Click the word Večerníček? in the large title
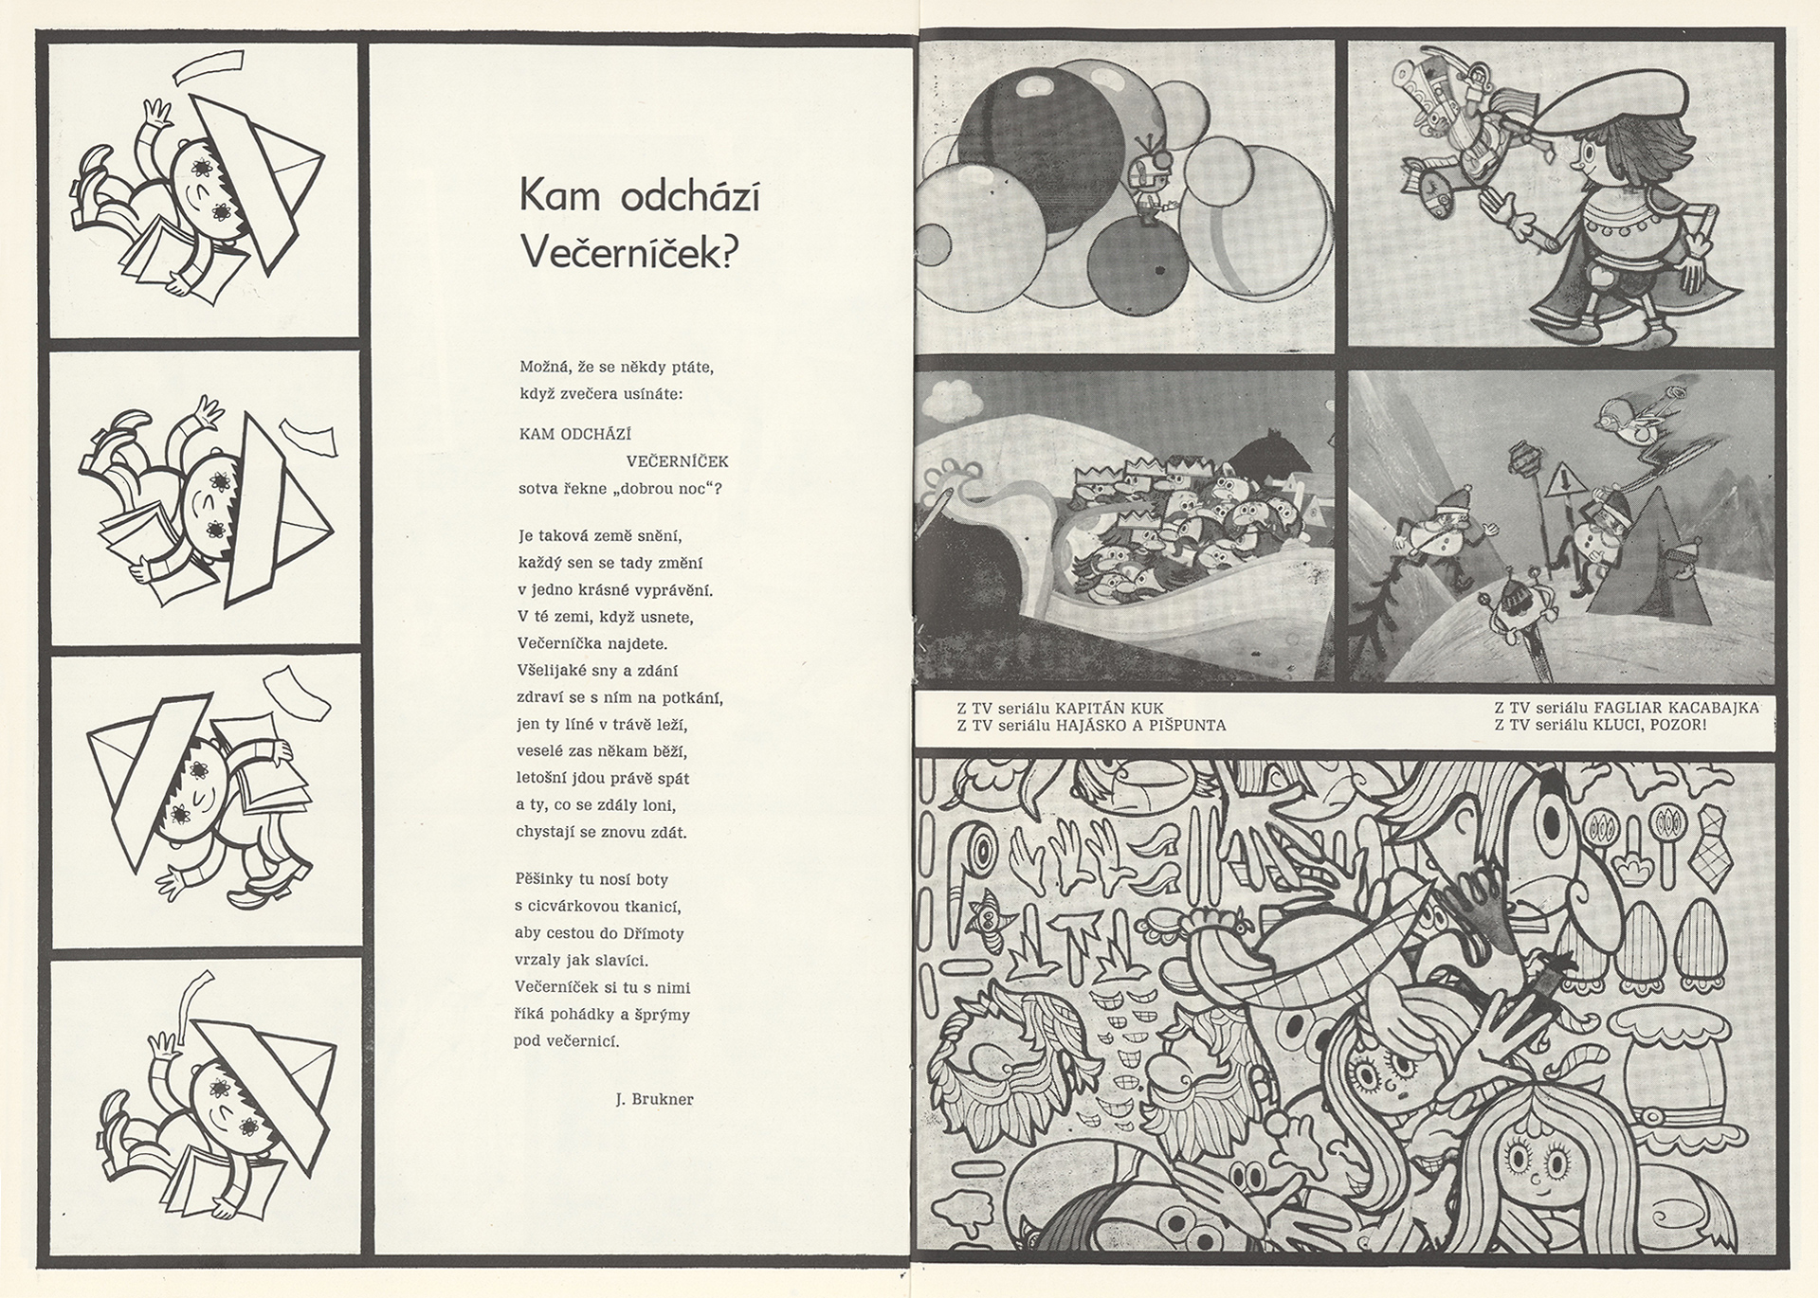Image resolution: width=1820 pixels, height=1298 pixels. pyautogui.click(x=629, y=253)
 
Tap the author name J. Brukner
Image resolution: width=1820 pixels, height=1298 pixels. pyautogui.click(x=654, y=1099)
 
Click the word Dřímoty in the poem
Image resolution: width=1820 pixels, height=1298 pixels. pyautogui.click(x=651, y=933)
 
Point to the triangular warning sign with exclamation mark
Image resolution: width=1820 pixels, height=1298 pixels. pyautogui.click(x=1557, y=487)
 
